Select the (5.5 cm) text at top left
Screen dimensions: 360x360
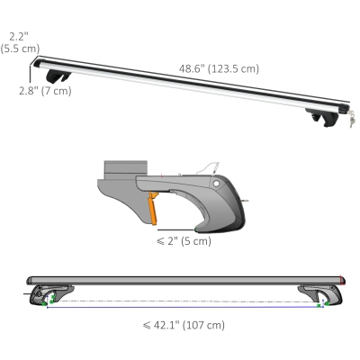pos(19,49)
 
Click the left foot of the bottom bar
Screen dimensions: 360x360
pos(40,296)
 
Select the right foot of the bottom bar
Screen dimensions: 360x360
pos(316,296)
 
